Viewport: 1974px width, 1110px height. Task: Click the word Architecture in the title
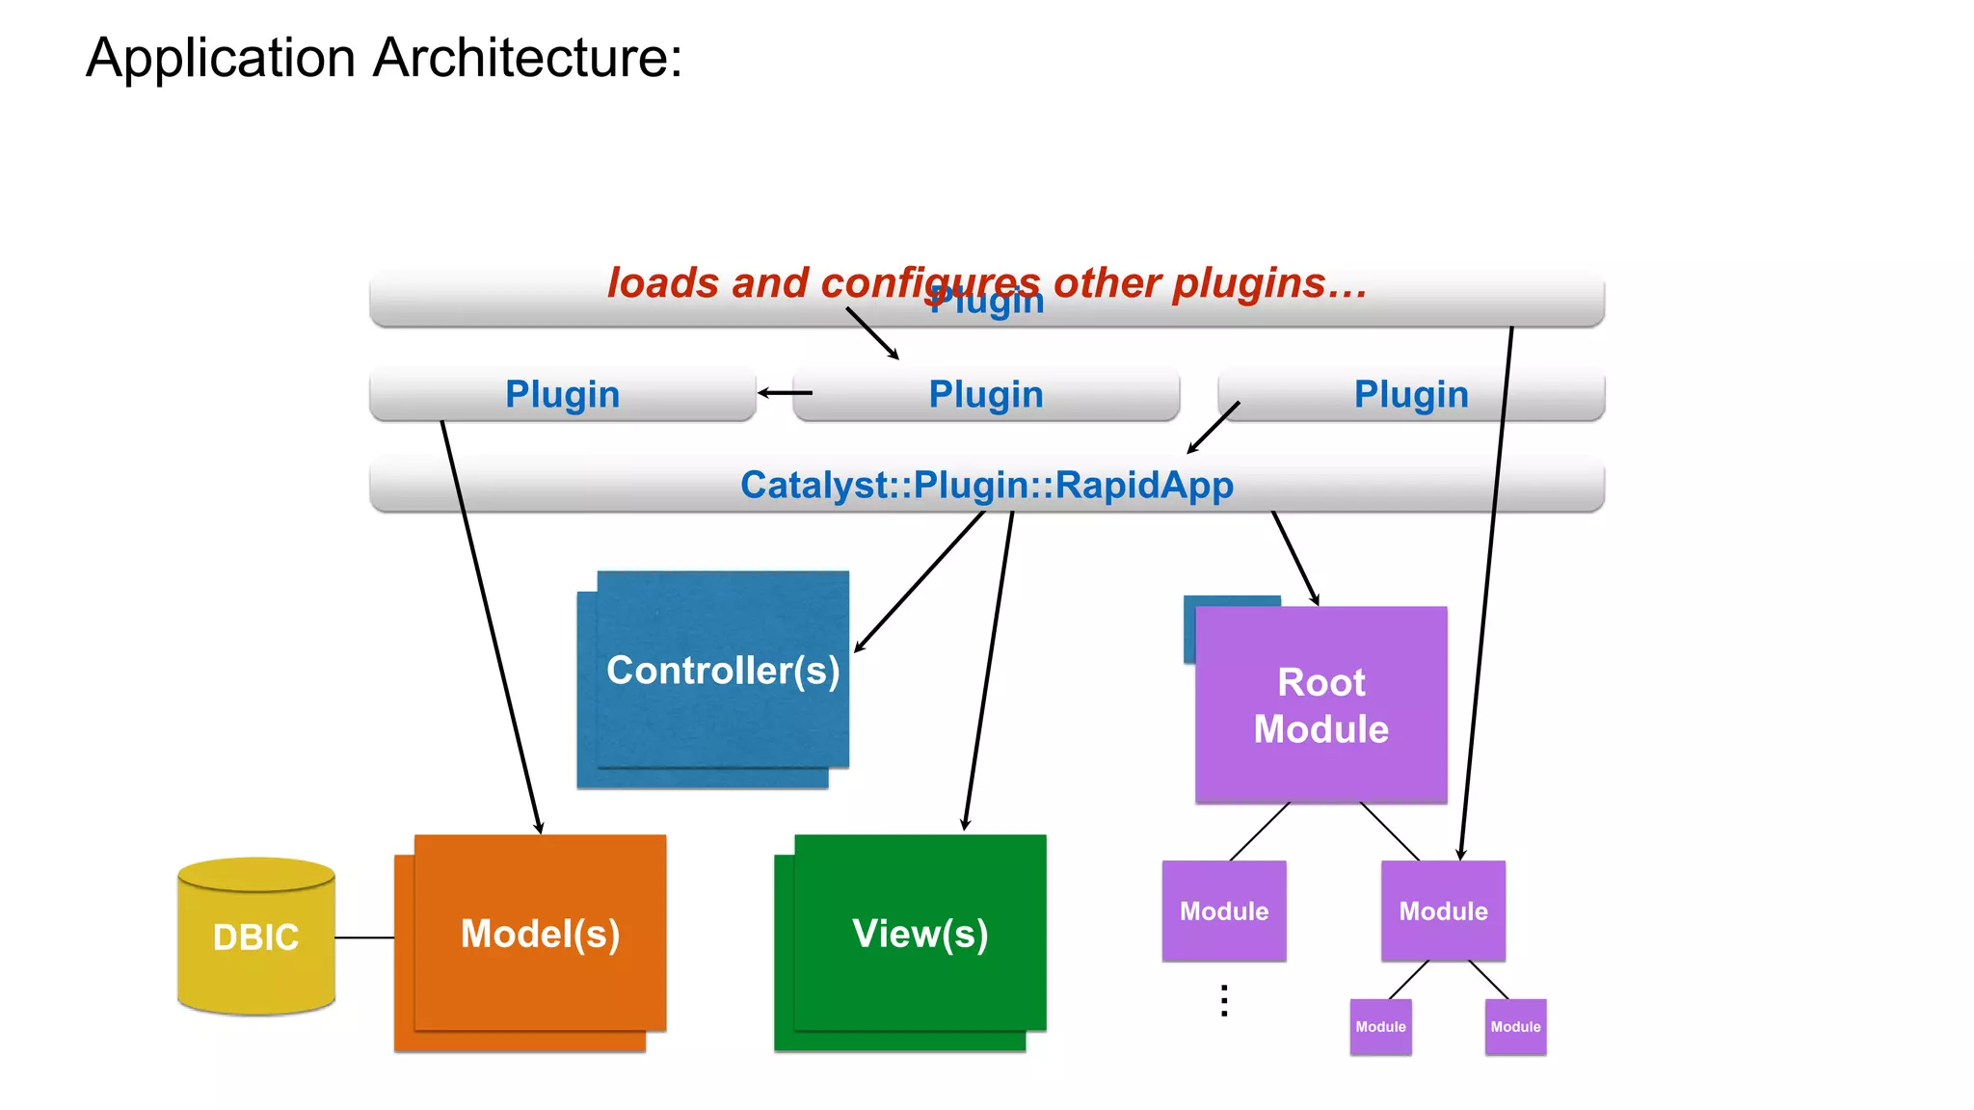pyautogui.click(x=527, y=58)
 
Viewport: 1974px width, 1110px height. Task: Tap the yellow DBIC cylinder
pyautogui.click(x=256, y=937)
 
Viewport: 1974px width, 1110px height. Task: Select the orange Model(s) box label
pyautogui.click(x=540, y=934)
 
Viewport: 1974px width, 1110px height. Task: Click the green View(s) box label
pyautogui.click(x=920, y=934)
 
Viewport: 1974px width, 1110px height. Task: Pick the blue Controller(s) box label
pyautogui.click(x=723, y=671)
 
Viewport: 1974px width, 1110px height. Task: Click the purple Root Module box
pyautogui.click(x=1320, y=705)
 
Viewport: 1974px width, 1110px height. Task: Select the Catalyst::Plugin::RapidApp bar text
pyautogui.click(x=986, y=485)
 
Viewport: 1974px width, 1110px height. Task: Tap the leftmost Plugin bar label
pyautogui.click(x=562, y=394)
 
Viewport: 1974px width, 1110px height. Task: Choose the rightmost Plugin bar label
pyautogui.click(x=1410, y=394)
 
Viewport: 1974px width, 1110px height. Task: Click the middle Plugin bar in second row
pyautogui.click(x=985, y=394)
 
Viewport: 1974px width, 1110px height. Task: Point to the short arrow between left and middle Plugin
pyautogui.click(x=785, y=392)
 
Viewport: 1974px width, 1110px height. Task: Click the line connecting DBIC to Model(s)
pyautogui.click(x=364, y=937)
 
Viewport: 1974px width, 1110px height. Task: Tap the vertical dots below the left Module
pyautogui.click(x=1224, y=1001)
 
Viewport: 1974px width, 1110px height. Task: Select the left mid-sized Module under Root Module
pyautogui.click(x=1224, y=911)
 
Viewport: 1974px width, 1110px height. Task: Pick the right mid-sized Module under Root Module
pyautogui.click(x=1443, y=911)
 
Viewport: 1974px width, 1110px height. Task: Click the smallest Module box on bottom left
pyautogui.click(x=1380, y=1027)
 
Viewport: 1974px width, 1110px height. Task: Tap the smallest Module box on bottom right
pyautogui.click(x=1515, y=1027)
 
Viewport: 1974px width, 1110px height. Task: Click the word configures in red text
pyautogui.click(x=930, y=283)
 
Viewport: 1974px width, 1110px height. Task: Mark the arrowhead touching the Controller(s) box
pyautogui.click(x=858, y=648)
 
